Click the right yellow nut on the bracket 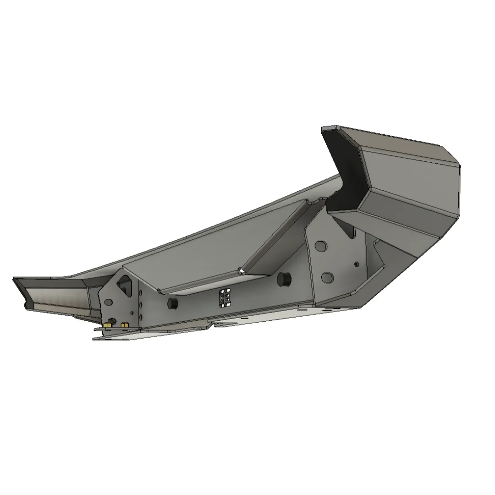click(x=123, y=324)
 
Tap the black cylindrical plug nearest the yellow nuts click(x=173, y=302)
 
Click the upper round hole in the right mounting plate click(x=321, y=247)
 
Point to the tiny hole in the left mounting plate click(x=132, y=313)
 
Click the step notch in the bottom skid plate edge click(x=212, y=325)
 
